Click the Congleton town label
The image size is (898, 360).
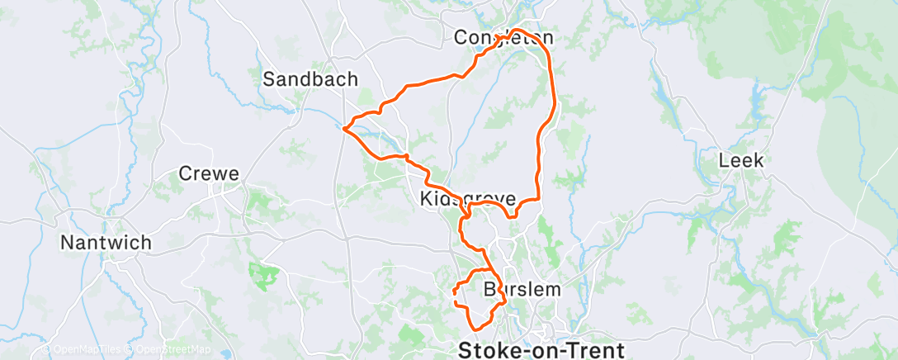503,38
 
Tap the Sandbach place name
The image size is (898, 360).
310,79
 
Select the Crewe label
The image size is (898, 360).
210,174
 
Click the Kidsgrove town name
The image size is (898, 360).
468,200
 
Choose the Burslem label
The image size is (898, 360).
521,290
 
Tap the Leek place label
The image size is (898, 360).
742,160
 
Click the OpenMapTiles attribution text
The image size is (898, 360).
83,350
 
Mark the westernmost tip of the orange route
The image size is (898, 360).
343,128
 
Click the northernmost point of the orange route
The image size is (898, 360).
518,30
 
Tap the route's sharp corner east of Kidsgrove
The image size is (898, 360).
539,199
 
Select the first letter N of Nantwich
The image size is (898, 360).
67,243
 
